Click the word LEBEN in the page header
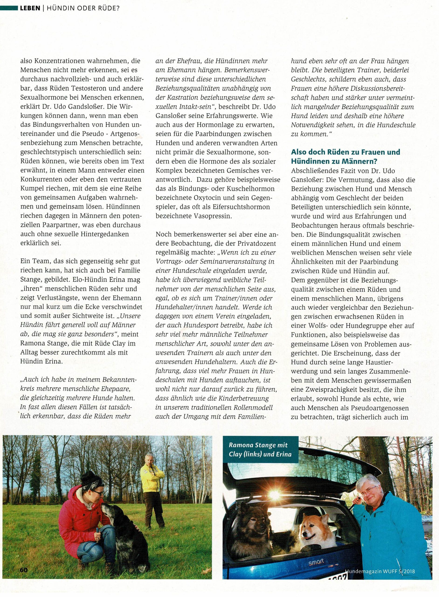30,8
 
